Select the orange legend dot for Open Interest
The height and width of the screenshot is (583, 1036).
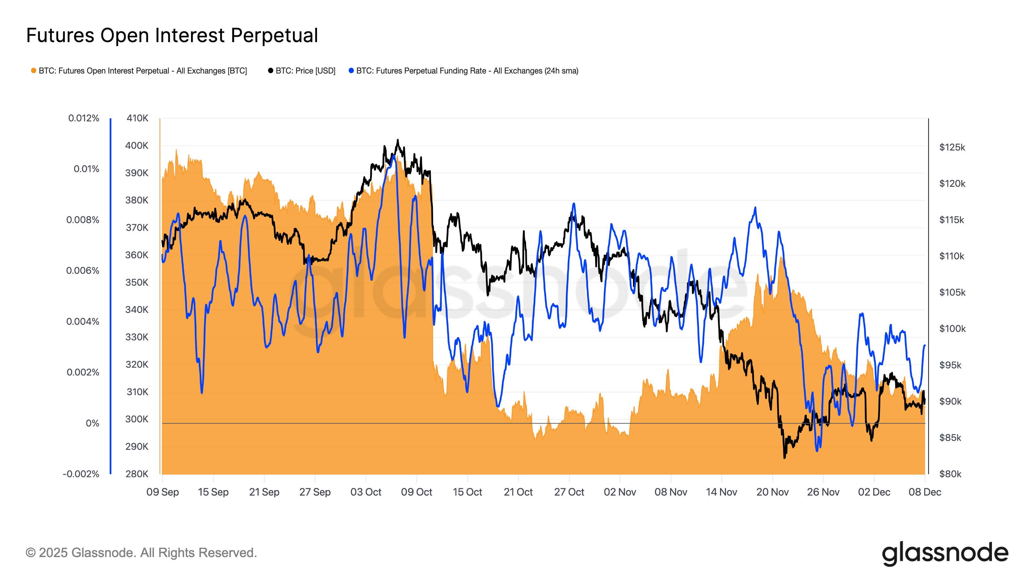click(33, 71)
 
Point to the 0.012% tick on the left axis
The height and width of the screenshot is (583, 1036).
click(83, 118)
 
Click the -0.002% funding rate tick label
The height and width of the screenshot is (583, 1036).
click(81, 474)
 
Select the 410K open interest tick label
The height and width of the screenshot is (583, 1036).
click(137, 118)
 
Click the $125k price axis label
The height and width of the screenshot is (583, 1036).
click(952, 147)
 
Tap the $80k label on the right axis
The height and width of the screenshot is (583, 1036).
click(950, 474)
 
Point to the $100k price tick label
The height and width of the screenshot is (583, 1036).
click(952, 329)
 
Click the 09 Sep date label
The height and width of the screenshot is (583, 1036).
click(163, 492)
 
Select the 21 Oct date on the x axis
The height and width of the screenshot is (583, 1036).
click(518, 492)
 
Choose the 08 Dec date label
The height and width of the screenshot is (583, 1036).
click(925, 492)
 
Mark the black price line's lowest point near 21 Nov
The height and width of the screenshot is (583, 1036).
click(784, 457)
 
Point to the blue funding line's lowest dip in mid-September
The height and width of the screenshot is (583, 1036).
click(201, 393)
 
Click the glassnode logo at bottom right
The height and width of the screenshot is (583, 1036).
click(945, 554)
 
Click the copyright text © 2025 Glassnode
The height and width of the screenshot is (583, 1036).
click(141, 553)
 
